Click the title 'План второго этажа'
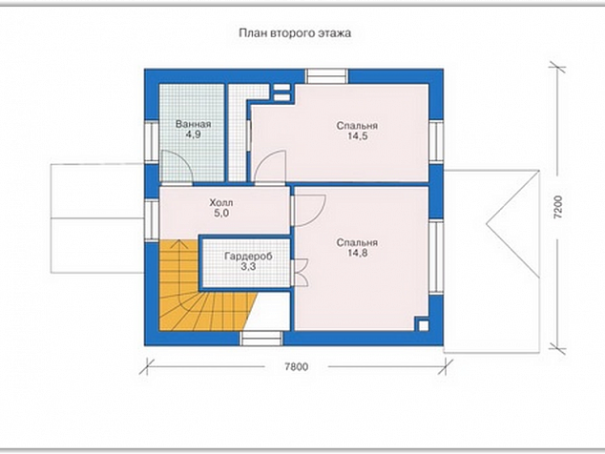click(x=295, y=33)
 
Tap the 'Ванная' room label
click(x=193, y=124)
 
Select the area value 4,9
click(x=193, y=134)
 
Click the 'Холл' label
click(x=221, y=202)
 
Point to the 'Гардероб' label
click(x=248, y=257)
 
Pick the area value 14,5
click(x=357, y=136)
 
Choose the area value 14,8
click(x=357, y=253)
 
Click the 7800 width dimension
click(x=297, y=366)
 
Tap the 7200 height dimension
click(x=558, y=208)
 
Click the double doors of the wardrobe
click(x=301, y=273)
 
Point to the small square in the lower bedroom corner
click(x=424, y=325)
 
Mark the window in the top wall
click(x=326, y=76)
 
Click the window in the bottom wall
click(x=261, y=339)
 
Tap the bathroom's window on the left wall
click(x=152, y=141)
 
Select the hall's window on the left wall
click(x=152, y=220)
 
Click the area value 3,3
click(x=248, y=266)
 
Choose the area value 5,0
click(x=221, y=213)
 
